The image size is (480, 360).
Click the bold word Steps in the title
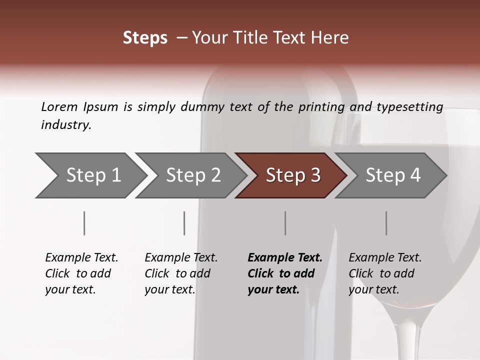pos(145,38)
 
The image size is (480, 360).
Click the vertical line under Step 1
pos(84,223)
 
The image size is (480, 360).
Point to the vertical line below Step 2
pos(184,223)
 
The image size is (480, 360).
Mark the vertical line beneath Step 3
pos(285,223)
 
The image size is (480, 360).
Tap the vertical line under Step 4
pos(386,223)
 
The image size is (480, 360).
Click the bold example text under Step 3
pos(285,273)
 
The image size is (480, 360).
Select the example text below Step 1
pos(81,273)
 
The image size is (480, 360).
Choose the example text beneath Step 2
pos(181,273)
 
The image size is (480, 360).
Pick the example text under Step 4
pos(385,273)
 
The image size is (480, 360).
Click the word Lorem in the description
pos(59,106)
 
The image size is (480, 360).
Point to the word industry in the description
pos(66,125)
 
